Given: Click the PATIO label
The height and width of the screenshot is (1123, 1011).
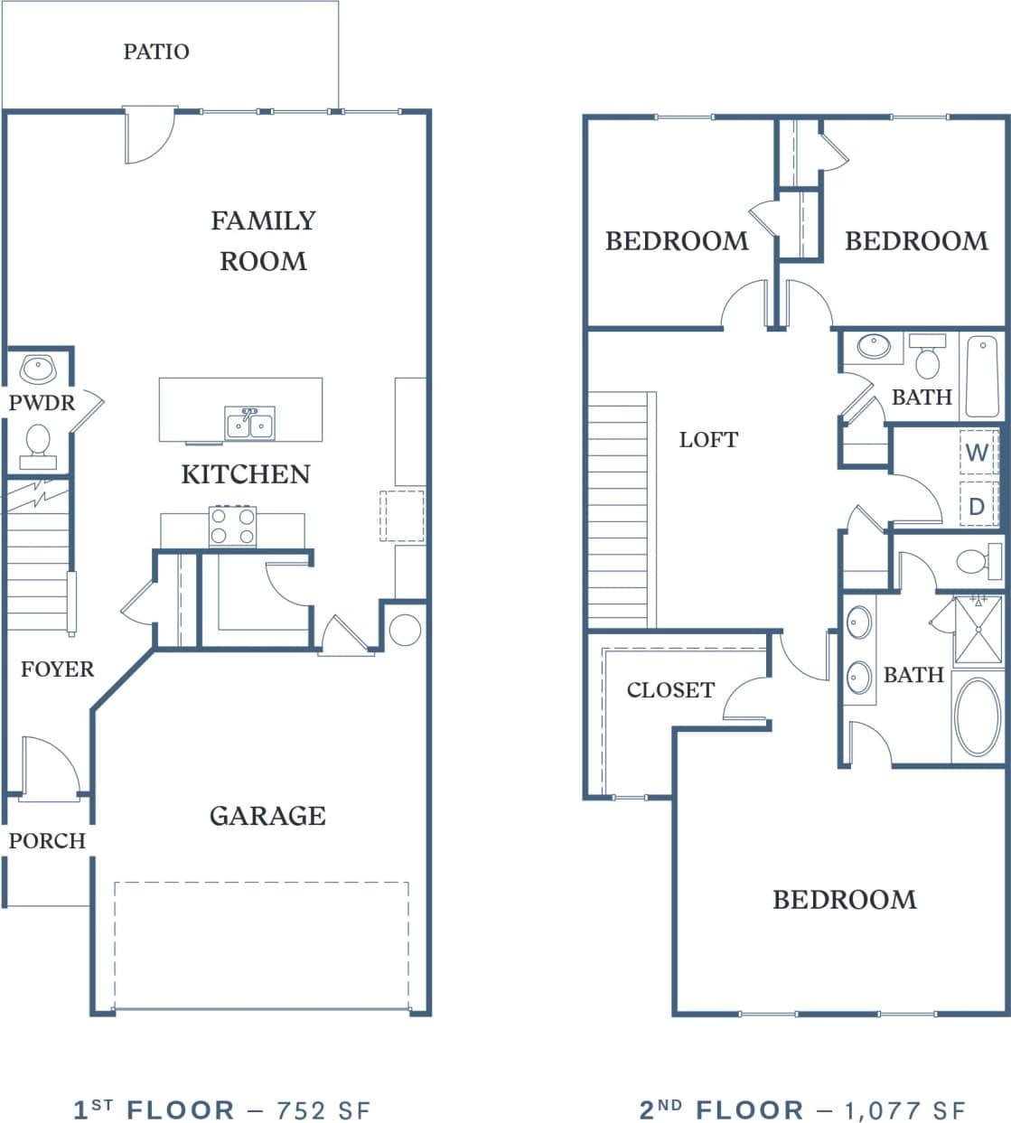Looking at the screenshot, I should point(156,51).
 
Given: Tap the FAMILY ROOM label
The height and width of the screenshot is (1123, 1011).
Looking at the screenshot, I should point(263,240).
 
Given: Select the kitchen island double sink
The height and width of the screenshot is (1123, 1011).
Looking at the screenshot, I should point(249,423).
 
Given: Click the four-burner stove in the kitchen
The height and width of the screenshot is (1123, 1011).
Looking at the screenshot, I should point(233,526).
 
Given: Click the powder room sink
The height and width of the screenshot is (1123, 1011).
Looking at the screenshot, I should point(38,369).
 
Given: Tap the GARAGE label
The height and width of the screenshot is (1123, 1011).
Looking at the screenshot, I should point(267,816).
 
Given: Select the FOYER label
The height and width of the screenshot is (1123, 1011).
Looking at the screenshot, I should point(57,669).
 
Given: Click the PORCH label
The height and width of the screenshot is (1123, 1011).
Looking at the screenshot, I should point(47,841).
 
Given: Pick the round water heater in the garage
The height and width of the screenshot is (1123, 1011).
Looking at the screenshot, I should point(405,630).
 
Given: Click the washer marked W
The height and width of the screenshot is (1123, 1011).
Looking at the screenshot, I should point(977,452).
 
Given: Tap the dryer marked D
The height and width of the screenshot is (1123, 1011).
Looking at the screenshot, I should point(977,506).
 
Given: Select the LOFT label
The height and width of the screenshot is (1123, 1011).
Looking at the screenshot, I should point(708,440).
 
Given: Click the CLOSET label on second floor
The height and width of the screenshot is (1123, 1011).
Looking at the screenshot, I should point(670,690).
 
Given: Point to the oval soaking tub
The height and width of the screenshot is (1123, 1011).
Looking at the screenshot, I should point(978,716).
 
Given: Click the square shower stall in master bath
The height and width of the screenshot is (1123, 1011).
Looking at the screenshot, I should point(978,629).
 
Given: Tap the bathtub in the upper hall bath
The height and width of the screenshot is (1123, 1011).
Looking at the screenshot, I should point(982,376).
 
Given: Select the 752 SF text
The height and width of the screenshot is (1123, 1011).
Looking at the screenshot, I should point(323,1109).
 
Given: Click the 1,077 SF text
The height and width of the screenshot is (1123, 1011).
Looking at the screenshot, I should point(905,1109).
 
